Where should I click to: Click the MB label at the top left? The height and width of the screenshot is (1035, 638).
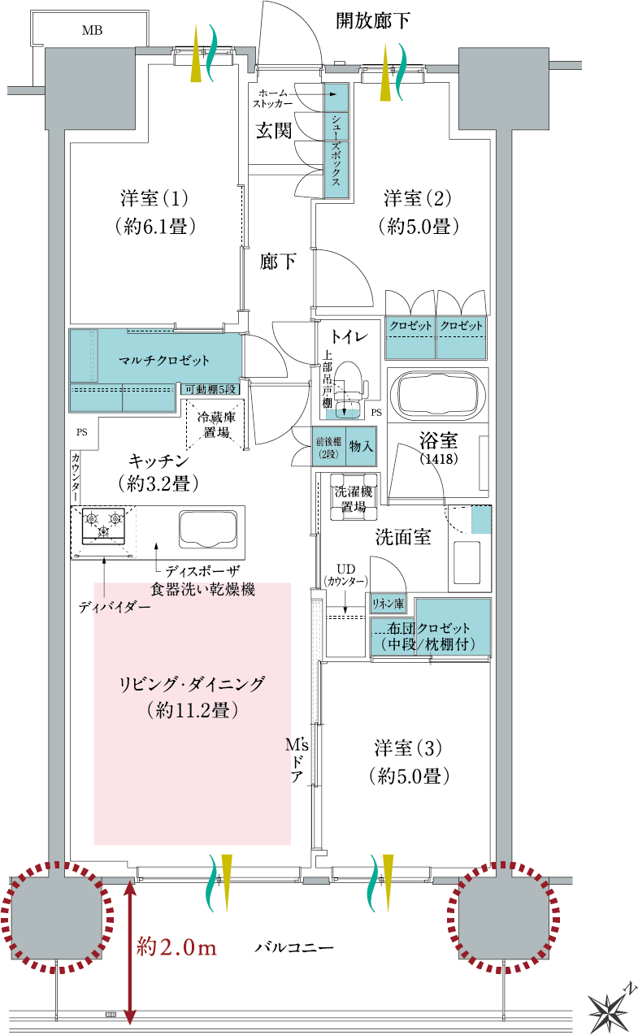(x=92, y=31)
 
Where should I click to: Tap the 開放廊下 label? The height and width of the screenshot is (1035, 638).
(x=372, y=21)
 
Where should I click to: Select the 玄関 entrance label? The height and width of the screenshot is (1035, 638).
(x=274, y=131)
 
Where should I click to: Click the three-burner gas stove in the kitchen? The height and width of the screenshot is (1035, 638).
(x=103, y=526)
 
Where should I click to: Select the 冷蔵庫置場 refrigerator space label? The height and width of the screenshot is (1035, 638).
(x=216, y=425)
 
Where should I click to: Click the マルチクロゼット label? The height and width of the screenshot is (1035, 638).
(x=164, y=360)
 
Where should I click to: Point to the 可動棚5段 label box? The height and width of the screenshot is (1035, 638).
(x=210, y=389)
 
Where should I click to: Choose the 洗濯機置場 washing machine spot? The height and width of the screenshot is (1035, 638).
(x=354, y=499)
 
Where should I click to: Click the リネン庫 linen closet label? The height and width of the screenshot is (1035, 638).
(x=388, y=604)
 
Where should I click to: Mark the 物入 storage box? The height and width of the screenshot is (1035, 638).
(x=361, y=446)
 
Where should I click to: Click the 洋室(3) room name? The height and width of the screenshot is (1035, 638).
(x=408, y=748)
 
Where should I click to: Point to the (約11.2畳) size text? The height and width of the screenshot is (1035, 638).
(x=193, y=710)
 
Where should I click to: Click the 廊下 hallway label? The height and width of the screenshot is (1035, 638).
(x=277, y=262)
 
